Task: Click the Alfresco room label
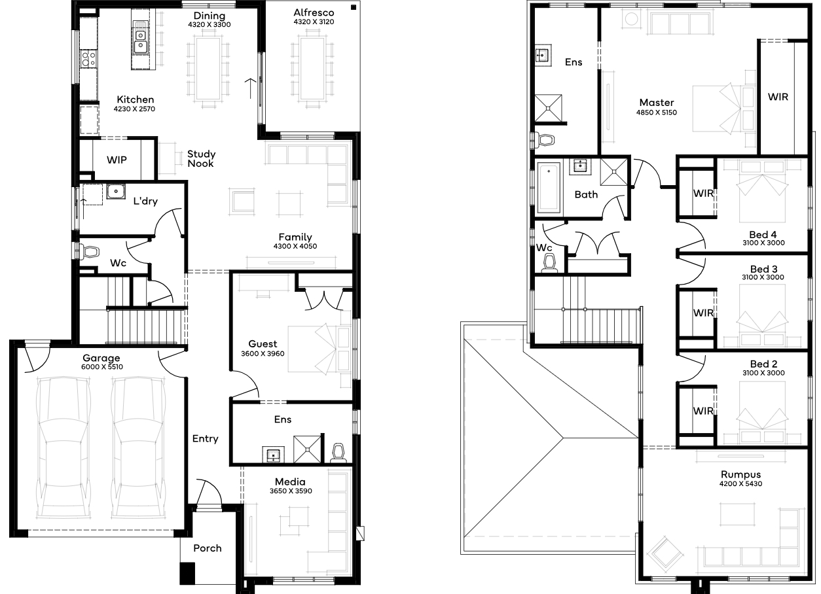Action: click(x=314, y=12)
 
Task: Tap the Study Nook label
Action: click(x=201, y=158)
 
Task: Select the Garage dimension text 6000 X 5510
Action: click(x=102, y=367)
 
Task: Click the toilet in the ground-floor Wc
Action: click(x=90, y=252)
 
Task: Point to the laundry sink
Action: click(x=116, y=191)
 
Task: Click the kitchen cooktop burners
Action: click(x=88, y=58)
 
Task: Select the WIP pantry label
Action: click(x=117, y=160)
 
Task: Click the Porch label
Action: click(x=208, y=548)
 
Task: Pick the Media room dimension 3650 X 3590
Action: click(x=291, y=491)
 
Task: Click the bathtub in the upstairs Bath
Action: click(x=548, y=188)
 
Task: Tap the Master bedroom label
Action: click(x=657, y=102)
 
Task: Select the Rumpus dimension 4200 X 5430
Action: click(x=740, y=483)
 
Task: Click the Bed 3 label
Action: click(x=764, y=269)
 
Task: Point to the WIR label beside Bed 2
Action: click(x=703, y=411)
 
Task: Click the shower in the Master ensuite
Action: click(x=548, y=108)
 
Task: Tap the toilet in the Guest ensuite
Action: click(x=338, y=453)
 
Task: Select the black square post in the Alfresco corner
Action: click(x=354, y=7)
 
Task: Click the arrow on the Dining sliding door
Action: click(x=250, y=88)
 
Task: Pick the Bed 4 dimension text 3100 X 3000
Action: click(x=764, y=243)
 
